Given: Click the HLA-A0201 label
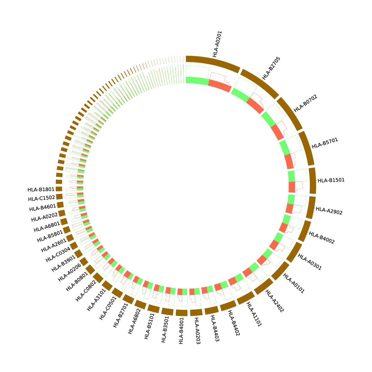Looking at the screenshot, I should (x=217, y=44).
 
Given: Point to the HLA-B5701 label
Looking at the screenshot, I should (x=325, y=143).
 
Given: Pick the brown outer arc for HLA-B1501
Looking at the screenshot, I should (x=313, y=181).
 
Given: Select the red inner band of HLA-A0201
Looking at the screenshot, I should (x=220, y=85).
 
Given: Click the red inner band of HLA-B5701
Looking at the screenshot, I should (x=289, y=162).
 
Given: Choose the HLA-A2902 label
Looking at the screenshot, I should (x=329, y=211).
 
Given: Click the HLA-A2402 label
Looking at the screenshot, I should (x=274, y=301).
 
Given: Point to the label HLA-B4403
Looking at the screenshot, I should (x=214, y=328).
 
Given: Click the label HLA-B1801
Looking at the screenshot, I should (x=41, y=190).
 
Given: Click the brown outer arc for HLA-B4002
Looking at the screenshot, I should (x=304, y=231).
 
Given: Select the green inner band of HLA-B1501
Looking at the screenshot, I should (x=291, y=176).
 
